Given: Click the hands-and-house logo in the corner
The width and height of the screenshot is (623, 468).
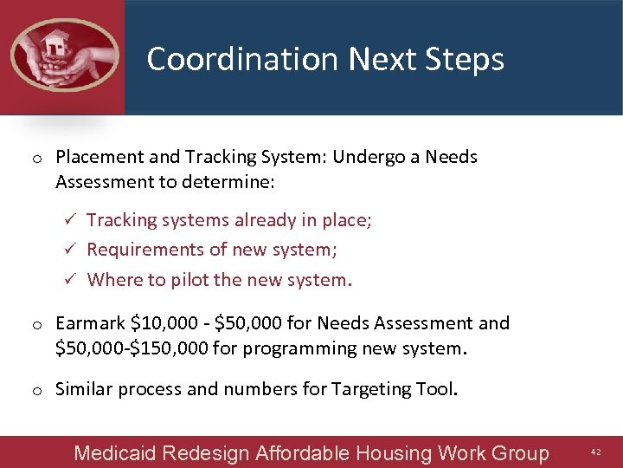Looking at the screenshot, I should [62, 55].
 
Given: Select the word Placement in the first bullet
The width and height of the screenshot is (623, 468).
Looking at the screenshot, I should [94, 157].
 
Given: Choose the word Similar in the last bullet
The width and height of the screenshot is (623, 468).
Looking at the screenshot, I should [84, 388].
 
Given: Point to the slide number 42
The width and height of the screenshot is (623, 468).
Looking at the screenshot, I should [595, 452].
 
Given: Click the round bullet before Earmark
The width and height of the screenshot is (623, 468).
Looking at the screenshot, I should [38, 325].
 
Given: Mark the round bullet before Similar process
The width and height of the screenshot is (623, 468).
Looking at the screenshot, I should [38, 390].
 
